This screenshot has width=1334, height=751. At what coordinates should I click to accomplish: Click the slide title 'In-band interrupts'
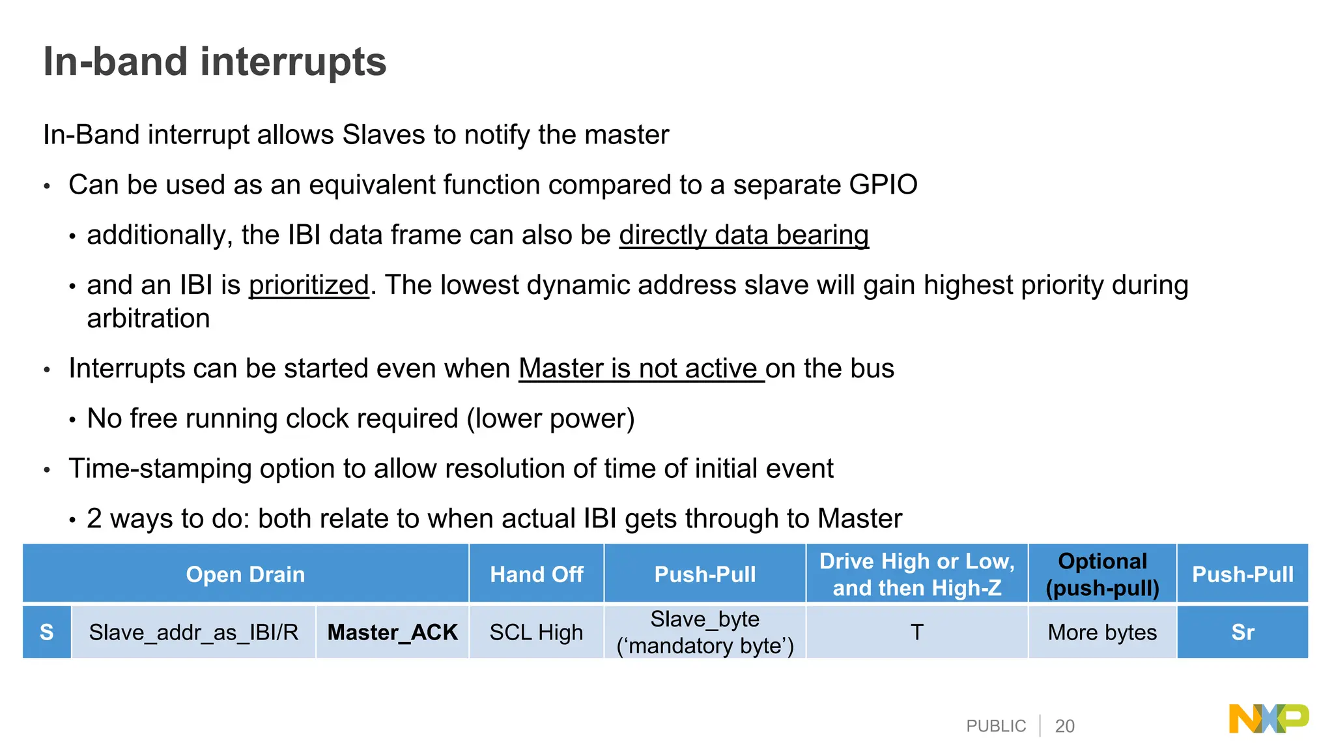pyautogui.click(x=214, y=62)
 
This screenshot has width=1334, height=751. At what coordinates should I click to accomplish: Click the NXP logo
pyautogui.click(x=1268, y=718)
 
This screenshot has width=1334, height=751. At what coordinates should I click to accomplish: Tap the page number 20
pyautogui.click(x=1064, y=726)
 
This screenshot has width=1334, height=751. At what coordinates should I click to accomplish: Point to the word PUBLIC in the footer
pyautogui.click(x=995, y=726)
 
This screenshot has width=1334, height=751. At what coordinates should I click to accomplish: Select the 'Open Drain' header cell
pyautogui.click(x=245, y=574)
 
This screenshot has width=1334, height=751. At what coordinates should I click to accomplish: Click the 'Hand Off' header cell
pyautogui.click(x=536, y=574)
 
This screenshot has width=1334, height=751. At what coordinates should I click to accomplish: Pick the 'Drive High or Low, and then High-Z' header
pyautogui.click(x=916, y=574)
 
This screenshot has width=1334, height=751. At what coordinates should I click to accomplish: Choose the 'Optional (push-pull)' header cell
pyautogui.click(x=1102, y=574)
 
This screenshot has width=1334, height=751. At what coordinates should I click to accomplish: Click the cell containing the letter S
pyautogui.click(x=46, y=632)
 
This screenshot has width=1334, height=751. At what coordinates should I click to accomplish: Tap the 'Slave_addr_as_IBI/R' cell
pyautogui.click(x=193, y=632)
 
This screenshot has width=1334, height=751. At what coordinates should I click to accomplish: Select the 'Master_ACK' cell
pyautogui.click(x=392, y=632)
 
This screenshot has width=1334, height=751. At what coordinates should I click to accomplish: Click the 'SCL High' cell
pyautogui.click(x=536, y=632)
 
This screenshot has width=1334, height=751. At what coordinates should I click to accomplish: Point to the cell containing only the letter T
pyautogui.click(x=916, y=632)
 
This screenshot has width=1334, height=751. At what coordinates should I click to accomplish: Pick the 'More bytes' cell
pyautogui.click(x=1102, y=632)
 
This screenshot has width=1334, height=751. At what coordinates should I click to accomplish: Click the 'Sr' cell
pyautogui.click(x=1242, y=632)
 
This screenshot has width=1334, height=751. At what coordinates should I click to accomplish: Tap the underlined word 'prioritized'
pyautogui.click(x=309, y=285)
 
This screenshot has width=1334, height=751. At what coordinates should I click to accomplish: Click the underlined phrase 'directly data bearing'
pyautogui.click(x=743, y=235)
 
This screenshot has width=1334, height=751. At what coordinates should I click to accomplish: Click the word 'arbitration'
pyautogui.click(x=149, y=318)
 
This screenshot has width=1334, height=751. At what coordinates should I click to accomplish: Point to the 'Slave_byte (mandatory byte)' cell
pyautogui.click(x=705, y=632)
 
